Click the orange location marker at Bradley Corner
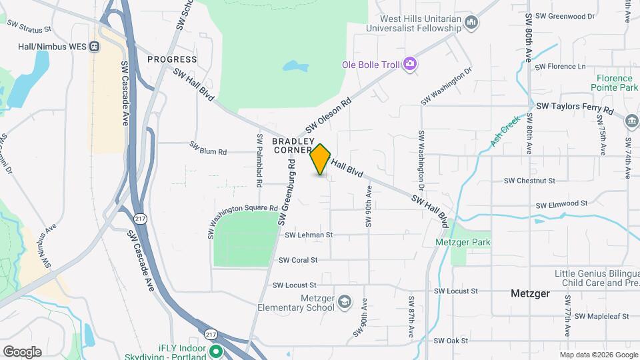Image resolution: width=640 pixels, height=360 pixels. tap(321, 159)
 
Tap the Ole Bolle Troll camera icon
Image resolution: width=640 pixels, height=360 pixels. tap(411, 64)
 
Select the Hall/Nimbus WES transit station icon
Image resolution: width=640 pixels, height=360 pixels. tap(95, 46)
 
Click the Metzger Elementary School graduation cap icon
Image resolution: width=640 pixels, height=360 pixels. tap(344, 302)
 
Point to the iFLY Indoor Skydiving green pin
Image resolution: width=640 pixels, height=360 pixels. tap(215, 351)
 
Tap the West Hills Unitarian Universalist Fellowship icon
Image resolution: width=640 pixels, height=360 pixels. tap(472, 23)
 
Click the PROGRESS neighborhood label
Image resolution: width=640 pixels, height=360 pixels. tap(172, 59)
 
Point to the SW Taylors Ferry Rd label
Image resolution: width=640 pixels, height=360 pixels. tap(574, 107)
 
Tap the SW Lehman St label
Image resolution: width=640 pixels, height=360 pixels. tap(309, 235)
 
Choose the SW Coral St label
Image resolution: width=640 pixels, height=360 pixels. tap(298, 260)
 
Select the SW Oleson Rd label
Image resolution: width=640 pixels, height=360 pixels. tap(329, 116)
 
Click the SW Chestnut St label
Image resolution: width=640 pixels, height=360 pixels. tap(529, 181)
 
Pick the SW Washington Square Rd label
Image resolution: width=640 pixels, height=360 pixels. tap(241, 220)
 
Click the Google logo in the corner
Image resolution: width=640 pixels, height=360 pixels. tap(22, 351)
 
